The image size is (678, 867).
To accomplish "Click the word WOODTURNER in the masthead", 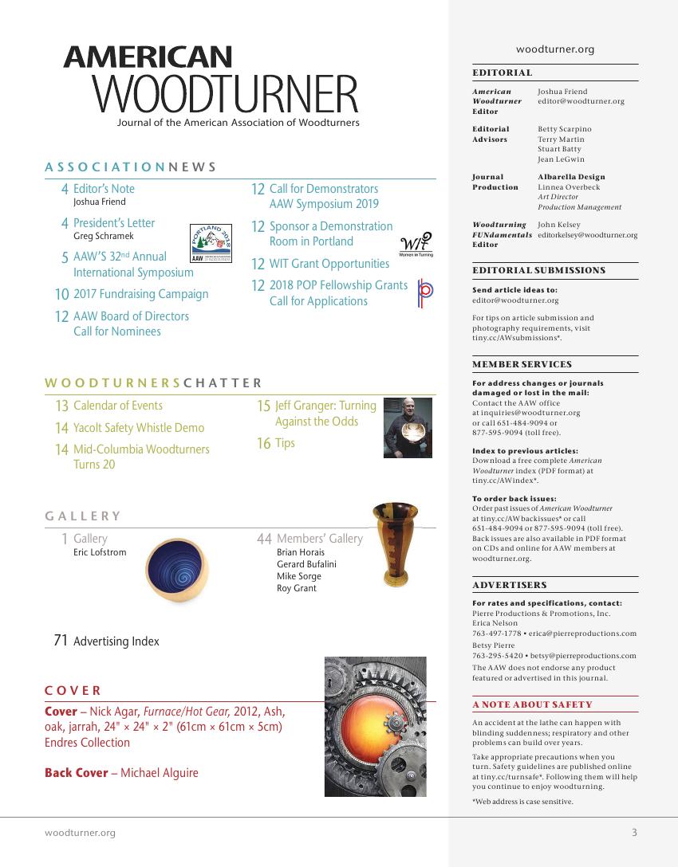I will pyautogui.click(x=226, y=95).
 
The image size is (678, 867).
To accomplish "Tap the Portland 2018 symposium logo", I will pyautogui.click(x=211, y=243).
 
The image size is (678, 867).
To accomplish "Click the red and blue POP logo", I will pyautogui.click(x=425, y=293).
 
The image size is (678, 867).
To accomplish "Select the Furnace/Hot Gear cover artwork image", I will pyautogui.click(x=375, y=726).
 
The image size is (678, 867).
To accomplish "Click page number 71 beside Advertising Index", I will pyautogui.click(x=60, y=641).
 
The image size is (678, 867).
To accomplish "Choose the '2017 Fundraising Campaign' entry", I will pyautogui.click(x=140, y=294).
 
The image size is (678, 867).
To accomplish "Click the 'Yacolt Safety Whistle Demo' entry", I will pyautogui.click(x=139, y=428).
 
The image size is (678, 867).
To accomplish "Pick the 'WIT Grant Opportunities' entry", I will pyautogui.click(x=329, y=264).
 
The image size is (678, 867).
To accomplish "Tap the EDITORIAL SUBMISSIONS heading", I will pyautogui.click(x=538, y=270).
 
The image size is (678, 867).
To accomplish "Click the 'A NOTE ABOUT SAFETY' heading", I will pyautogui.click(x=532, y=704).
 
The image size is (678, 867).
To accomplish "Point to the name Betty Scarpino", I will pyautogui.click(x=565, y=128).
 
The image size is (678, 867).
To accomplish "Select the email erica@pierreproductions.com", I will pyautogui.click(x=581, y=634).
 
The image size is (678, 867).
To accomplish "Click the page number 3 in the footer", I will pyautogui.click(x=634, y=833).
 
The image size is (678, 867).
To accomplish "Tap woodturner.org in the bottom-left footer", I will pyautogui.click(x=80, y=833).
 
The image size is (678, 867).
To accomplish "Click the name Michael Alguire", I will pyautogui.click(x=160, y=773).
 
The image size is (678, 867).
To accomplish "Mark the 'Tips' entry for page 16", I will pyautogui.click(x=285, y=443).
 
